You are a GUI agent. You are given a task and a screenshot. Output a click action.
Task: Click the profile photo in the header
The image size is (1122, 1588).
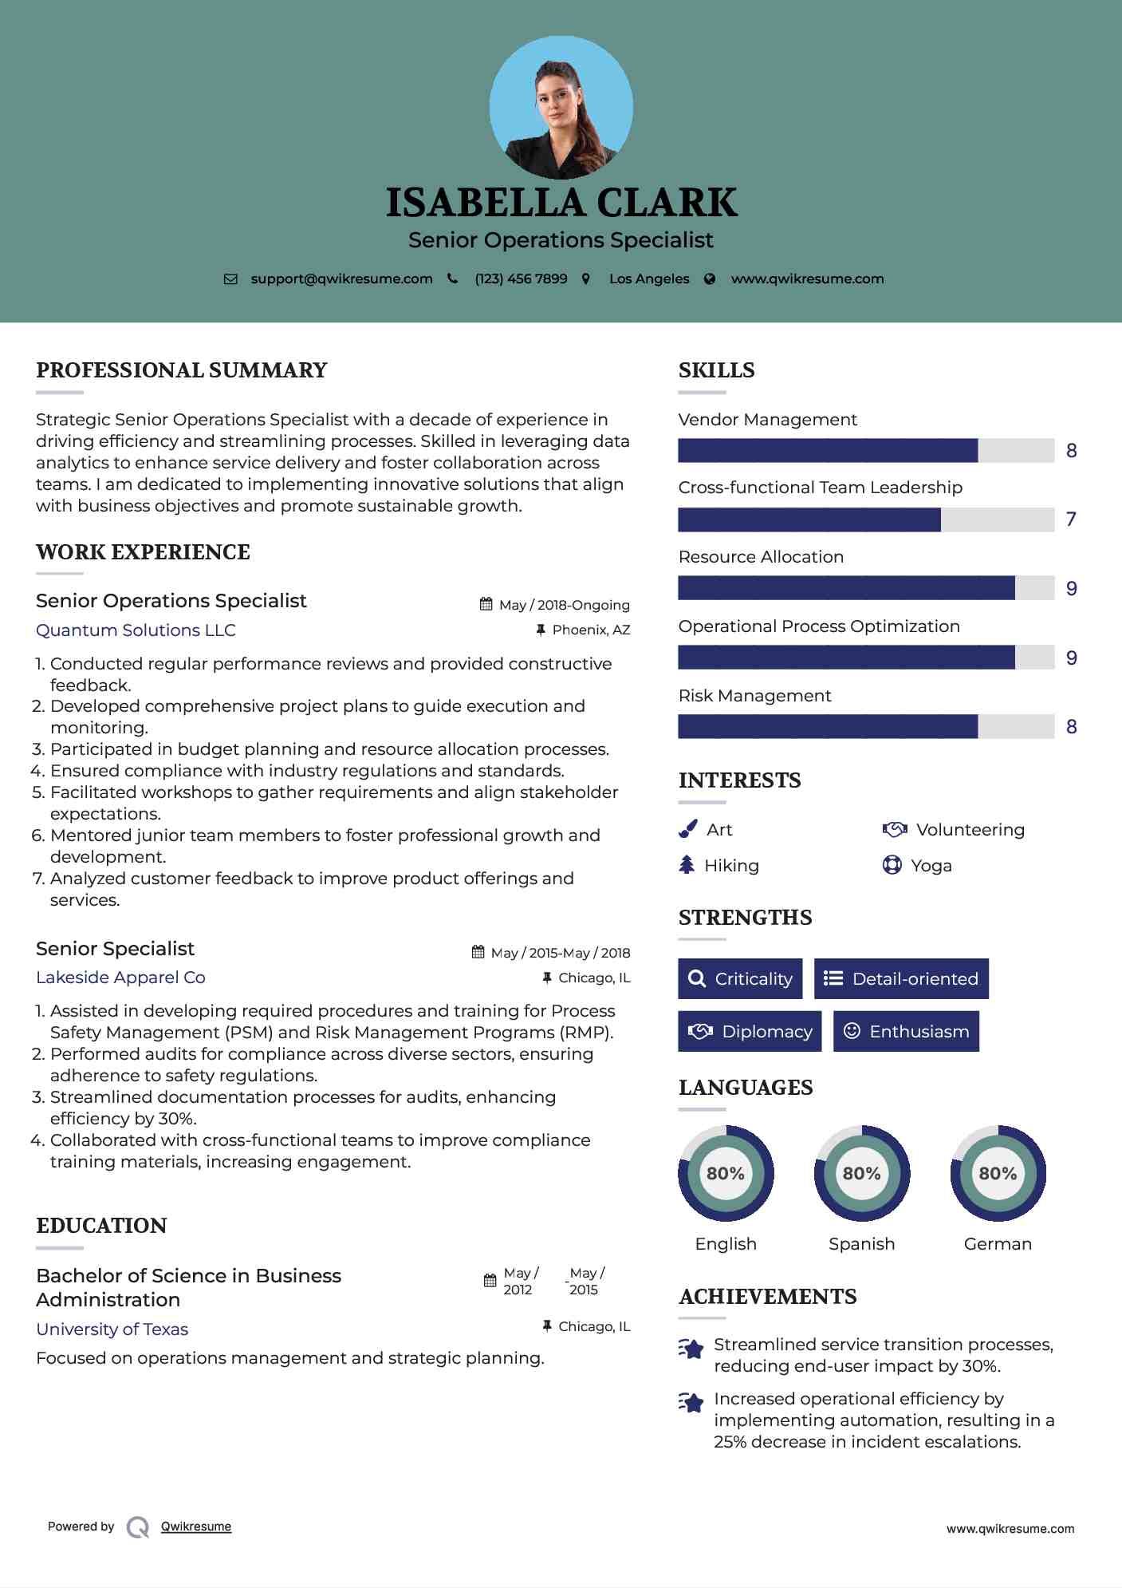[x=561, y=107]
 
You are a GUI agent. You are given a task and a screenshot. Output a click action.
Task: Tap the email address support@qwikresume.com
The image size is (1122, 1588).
[x=341, y=278]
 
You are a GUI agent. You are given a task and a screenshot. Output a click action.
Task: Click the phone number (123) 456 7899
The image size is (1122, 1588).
[x=521, y=278]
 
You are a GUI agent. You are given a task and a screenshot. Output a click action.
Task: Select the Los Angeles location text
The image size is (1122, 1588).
[x=649, y=278]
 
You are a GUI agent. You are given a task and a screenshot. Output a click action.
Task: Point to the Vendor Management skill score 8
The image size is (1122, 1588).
[x=1071, y=451]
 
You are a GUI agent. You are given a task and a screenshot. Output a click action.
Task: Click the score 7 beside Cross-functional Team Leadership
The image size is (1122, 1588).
[x=1071, y=519]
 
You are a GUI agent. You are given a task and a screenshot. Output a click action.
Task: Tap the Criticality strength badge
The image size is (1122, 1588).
[x=740, y=978]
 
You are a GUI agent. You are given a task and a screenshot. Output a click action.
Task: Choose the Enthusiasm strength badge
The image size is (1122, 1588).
[x=906, y=1031]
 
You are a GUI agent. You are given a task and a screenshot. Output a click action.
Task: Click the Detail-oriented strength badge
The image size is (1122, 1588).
[x=901, y=978]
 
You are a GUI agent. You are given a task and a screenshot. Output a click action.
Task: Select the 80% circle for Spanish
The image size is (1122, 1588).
[x=861, y=1173]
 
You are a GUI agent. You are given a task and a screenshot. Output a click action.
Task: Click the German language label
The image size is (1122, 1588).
[x=998, y=1243]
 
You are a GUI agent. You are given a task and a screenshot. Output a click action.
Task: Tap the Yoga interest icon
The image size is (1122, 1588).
[x=892, y=865]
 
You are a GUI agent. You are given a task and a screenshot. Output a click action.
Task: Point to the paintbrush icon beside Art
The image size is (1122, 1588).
[x=687, y=829]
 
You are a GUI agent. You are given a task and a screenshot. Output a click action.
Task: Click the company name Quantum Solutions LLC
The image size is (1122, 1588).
[x=136, y=630]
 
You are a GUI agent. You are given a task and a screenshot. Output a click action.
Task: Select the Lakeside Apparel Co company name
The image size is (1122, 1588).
[x=120, y=977]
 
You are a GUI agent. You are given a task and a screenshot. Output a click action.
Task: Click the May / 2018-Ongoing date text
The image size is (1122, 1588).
[x=564, y=605]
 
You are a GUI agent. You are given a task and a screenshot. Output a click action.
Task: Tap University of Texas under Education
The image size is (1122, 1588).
[x=112, y=1329]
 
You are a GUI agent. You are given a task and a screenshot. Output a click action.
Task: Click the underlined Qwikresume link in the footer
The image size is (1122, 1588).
[x=196, y=1526]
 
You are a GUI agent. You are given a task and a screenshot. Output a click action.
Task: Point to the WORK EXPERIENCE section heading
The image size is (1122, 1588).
[x=143, y=551]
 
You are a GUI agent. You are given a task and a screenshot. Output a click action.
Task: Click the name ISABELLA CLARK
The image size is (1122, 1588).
[x=561, y=203]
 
